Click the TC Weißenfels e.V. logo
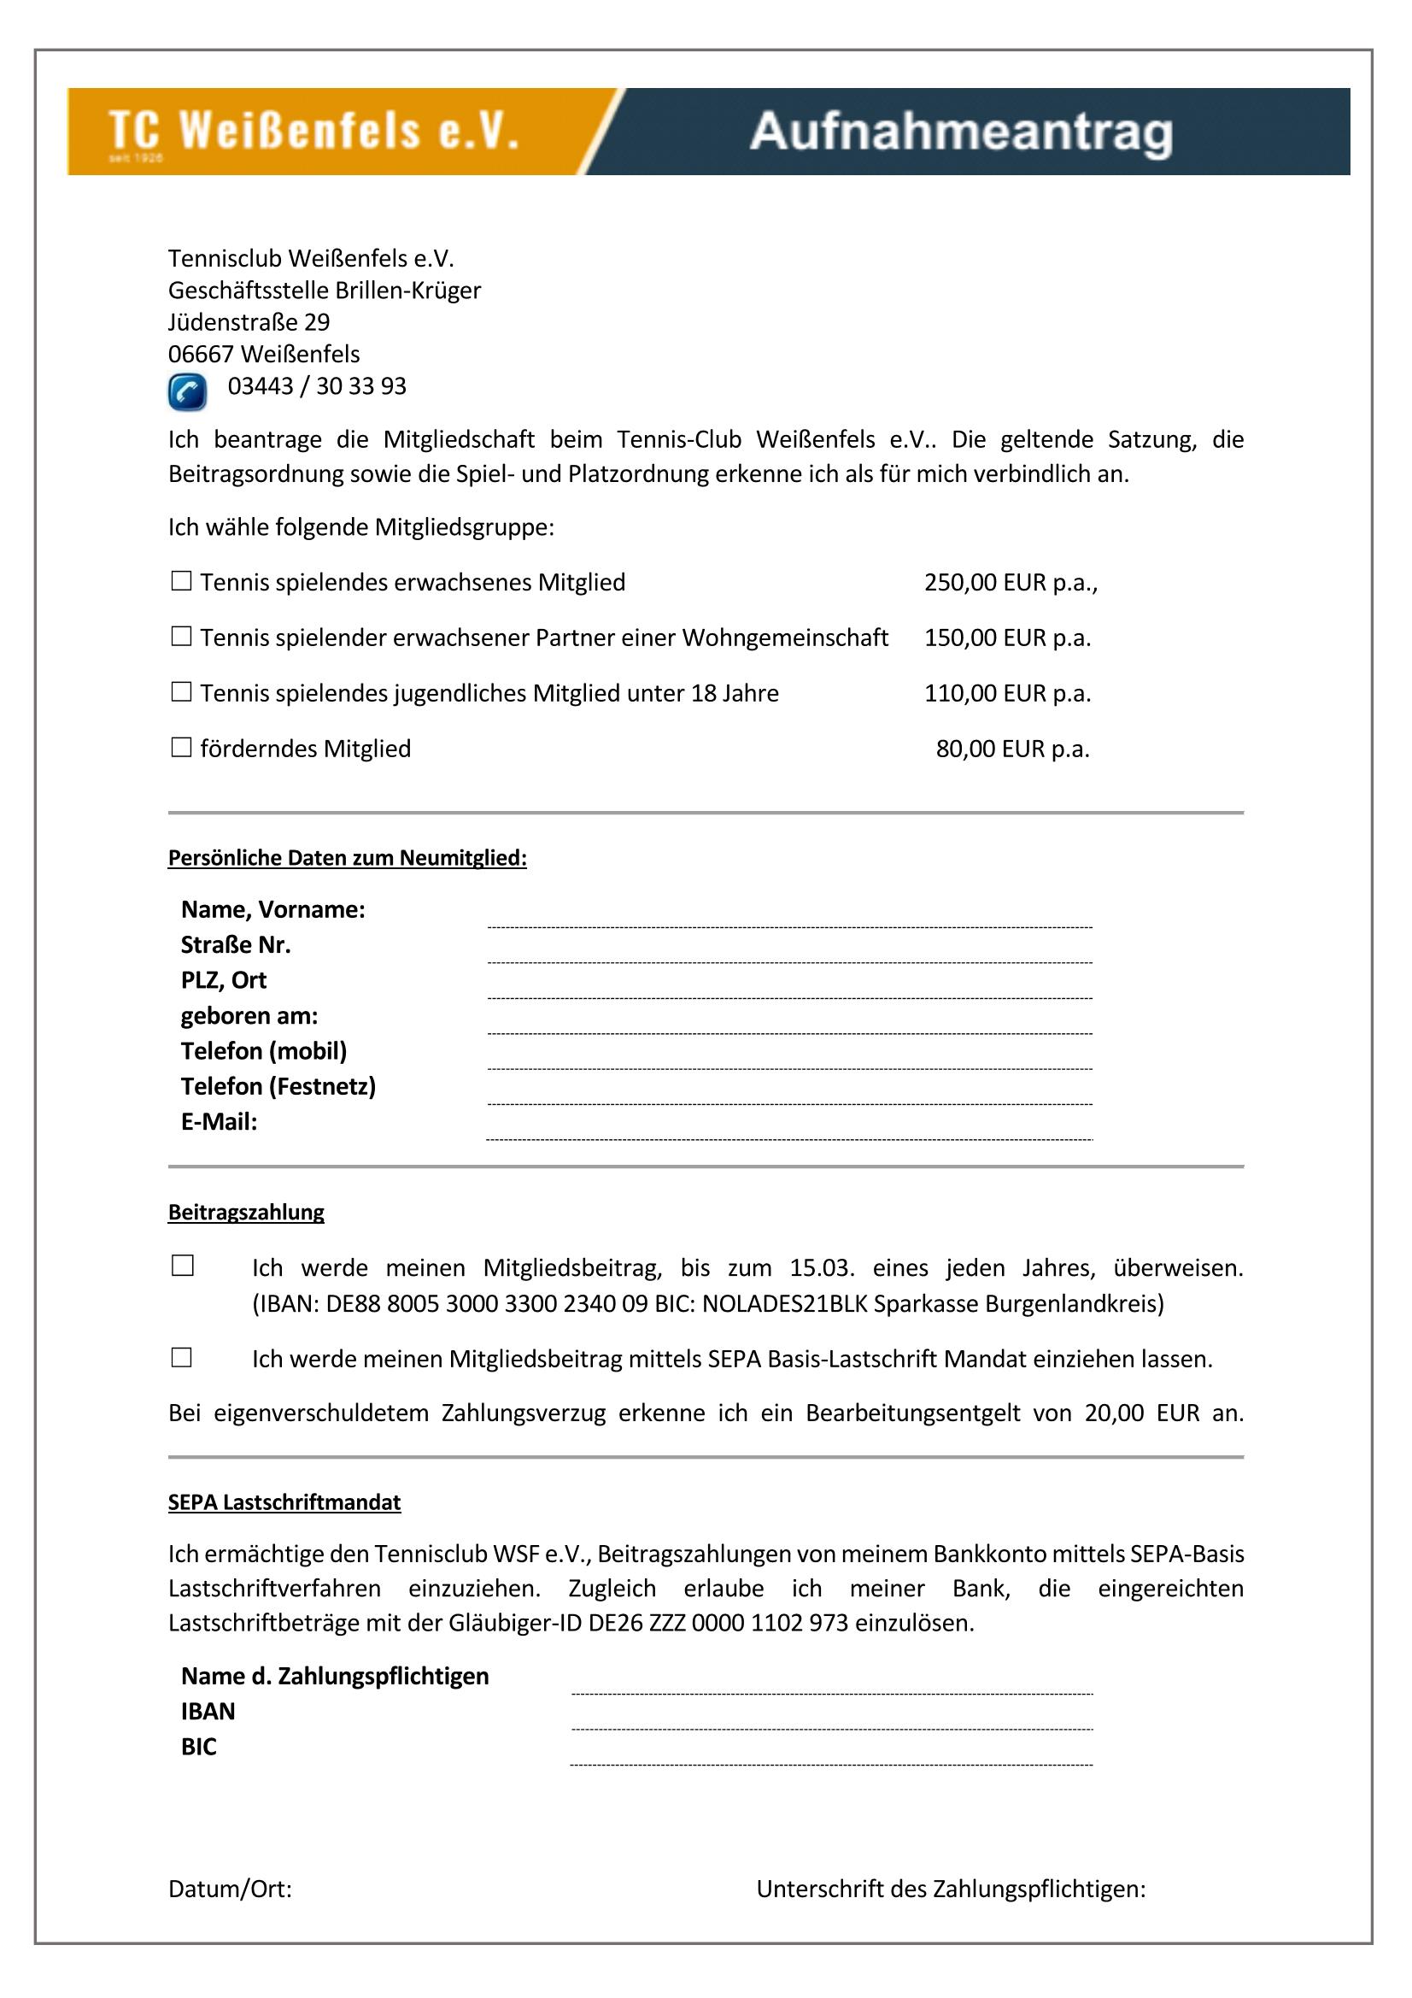coord(313,132)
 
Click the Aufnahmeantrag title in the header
coord(960,132)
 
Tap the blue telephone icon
coord(187,391)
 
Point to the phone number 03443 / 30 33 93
coord(317,386)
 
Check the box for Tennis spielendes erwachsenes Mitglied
coord(181,581)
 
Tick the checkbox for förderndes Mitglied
coord(181,748)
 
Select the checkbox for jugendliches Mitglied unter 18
coord(181,692)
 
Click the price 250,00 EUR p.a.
coord(1009,582)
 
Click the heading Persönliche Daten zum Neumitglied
coord(347,858)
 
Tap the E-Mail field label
coord(220,1122)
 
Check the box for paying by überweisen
coord(183,1266)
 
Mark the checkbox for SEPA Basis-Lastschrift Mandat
coord(182,1358)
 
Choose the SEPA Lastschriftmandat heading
coord(284,1502)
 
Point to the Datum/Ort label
coord(230,1889)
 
